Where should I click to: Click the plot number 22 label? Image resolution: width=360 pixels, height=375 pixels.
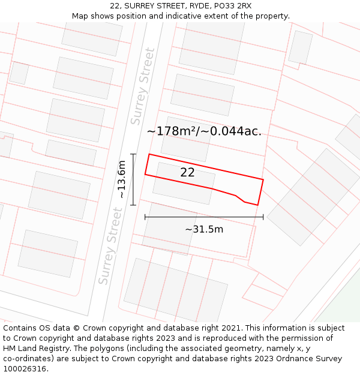coord(187,173)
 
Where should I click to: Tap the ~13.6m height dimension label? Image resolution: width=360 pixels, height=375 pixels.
coord(122,179)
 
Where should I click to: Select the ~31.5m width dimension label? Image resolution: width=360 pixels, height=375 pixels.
coord(204,229)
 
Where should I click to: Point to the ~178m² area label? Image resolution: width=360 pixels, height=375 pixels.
coord(204,131)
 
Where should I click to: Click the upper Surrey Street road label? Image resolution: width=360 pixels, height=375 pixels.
coord(142,86)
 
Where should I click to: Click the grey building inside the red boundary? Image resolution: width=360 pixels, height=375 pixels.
coord(184,179)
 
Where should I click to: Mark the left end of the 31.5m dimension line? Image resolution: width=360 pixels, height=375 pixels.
coord(145,217)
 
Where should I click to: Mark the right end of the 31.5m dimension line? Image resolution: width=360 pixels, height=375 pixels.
coord(263,217)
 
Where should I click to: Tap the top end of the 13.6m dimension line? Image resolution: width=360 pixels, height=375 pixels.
coord(133,154)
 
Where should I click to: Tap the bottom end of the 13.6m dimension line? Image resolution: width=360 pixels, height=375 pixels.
coord(133,205)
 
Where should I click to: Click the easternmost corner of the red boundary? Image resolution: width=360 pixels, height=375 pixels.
coord(263,179)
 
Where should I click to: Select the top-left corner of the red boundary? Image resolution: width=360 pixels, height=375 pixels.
coord(149,155)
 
